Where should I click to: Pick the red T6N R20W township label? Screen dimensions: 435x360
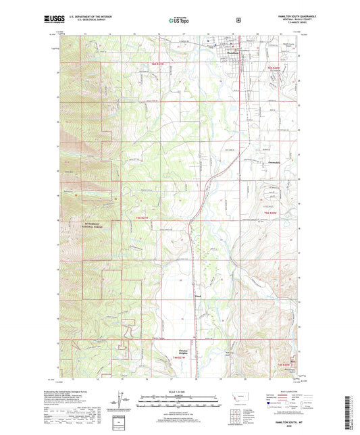tap(274, 68)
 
